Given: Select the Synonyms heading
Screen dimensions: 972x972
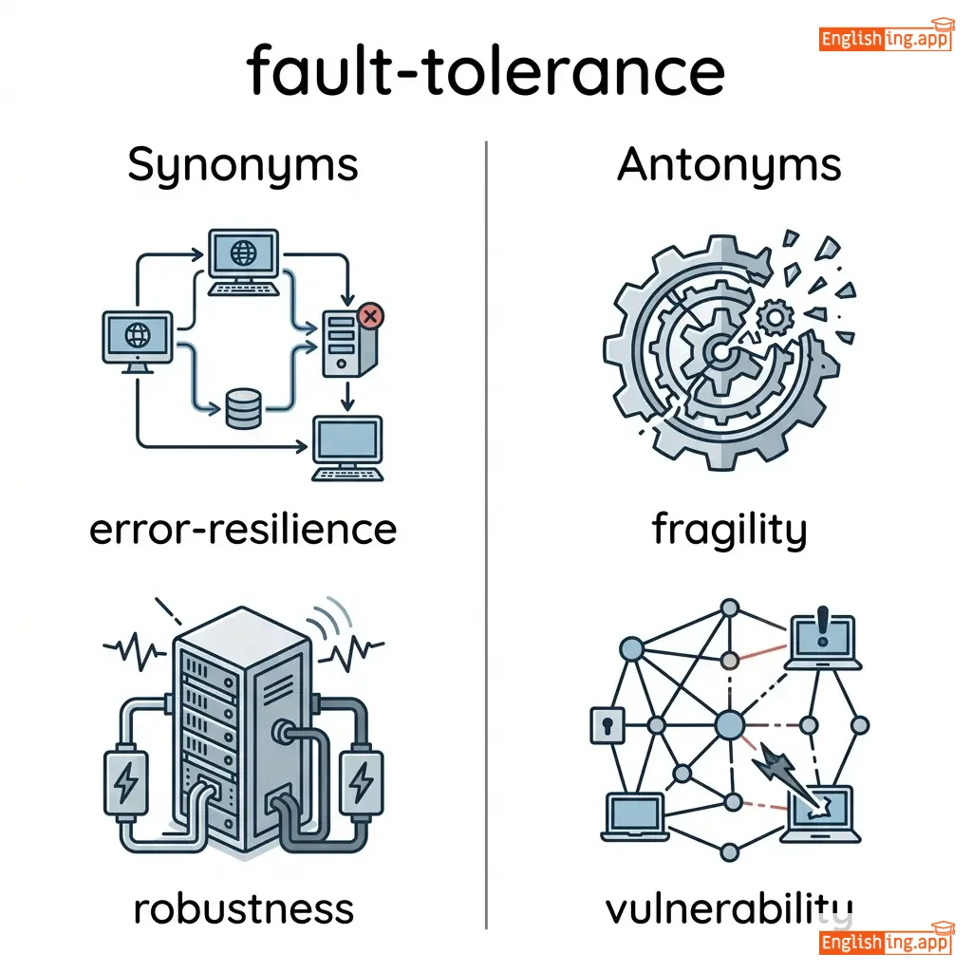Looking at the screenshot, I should point(243,166).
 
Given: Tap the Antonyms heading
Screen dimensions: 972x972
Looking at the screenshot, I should point(729,166).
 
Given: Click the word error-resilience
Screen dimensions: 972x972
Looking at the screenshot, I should point(243,529).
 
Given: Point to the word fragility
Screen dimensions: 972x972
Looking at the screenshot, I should point(729,530).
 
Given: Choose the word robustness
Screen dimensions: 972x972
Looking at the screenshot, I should point(243,908).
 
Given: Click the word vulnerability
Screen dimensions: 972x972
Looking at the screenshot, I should point(729,908).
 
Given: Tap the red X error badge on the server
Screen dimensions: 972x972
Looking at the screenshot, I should point(371,315).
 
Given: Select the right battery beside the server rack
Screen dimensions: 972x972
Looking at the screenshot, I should point(361,782).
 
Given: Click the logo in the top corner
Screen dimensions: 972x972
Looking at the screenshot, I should point(885,38).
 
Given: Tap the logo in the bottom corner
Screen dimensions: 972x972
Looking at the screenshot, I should point(885,942).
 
